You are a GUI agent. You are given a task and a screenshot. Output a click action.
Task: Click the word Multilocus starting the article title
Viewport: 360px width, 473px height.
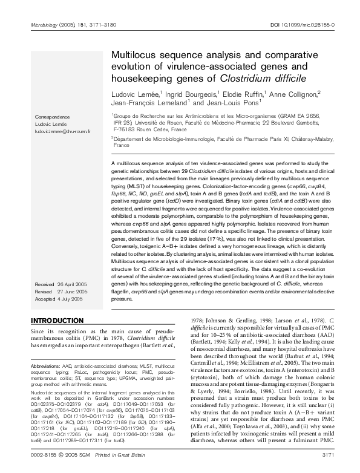(135, 54)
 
